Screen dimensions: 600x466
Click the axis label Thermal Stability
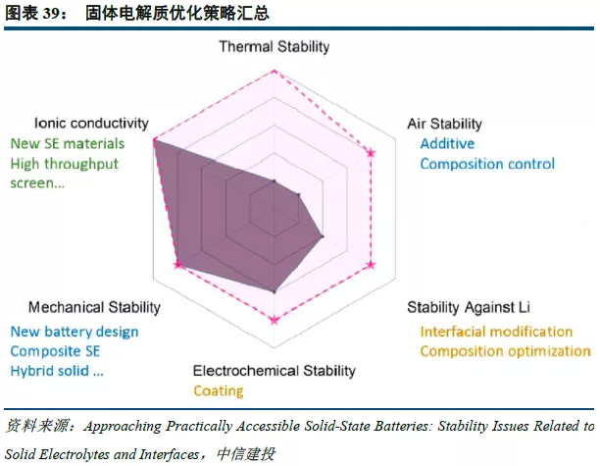pyautogui.click(x=275, y=46)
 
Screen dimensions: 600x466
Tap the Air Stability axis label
pyautogui.click(x=444, y=124)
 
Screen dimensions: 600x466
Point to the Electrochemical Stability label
pyautogui.click(x=275, y=371)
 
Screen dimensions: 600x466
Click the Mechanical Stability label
pyautogui.click(x=94, y=308)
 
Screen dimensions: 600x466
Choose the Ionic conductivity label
pyautogui.click(x=91, y=124)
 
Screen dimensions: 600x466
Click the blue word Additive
pyautogui.click(x=447, y=143)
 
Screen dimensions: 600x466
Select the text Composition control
pyautogui.click(x=487, y=164)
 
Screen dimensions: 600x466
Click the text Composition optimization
pyautogui.click(x=505, y=351)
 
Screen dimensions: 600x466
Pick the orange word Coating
pyautogui.click(x=218, y=390)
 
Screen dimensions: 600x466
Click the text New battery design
pyautogui.click(x=75, y=332)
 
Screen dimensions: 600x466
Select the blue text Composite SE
pyautogui.click(x=56, y=351)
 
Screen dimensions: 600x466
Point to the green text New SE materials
pyautogui.click(x=68, y=143)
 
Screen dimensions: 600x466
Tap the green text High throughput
pyautogui.click(x=65, y=164)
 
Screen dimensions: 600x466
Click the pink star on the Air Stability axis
pyautogui.click(x=371, y=152)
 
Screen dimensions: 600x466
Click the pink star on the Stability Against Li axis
pyautogui.click(x=371, y=265)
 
